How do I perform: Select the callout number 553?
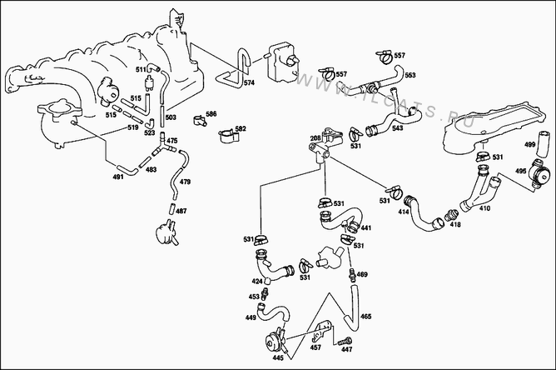pos(410,76)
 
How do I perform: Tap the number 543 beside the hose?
pos(397,129)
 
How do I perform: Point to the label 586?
pos(211,113)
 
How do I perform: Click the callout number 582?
pos(241,128)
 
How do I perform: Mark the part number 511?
pos(141,69)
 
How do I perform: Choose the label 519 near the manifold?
pos(133,128)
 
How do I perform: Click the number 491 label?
pos(119,177)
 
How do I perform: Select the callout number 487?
pos(181,211)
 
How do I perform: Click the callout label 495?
pos(520,172)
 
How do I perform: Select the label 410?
pos(484,207)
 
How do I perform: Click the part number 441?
pos(366,227)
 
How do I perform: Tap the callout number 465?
pos(365,317)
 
